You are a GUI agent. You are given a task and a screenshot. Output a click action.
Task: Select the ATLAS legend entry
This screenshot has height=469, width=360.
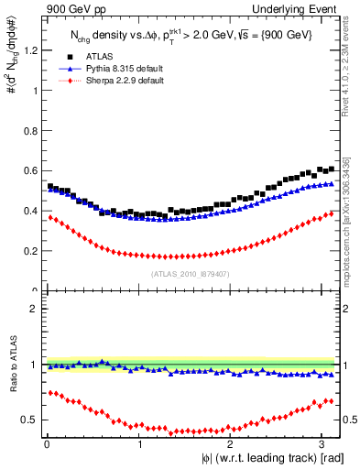[100, 56]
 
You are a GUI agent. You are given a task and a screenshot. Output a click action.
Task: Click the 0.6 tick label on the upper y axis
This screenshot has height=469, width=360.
[31, 171]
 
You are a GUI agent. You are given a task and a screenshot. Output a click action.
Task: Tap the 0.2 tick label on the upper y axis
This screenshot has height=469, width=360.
[31, 251]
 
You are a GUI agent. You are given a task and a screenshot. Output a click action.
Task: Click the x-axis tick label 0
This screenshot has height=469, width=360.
[47, 444]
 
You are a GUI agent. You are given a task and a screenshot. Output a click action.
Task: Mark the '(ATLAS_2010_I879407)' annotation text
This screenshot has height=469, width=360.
[191, 273]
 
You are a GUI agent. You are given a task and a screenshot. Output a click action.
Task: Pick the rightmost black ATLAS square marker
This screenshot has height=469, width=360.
[331, 169]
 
